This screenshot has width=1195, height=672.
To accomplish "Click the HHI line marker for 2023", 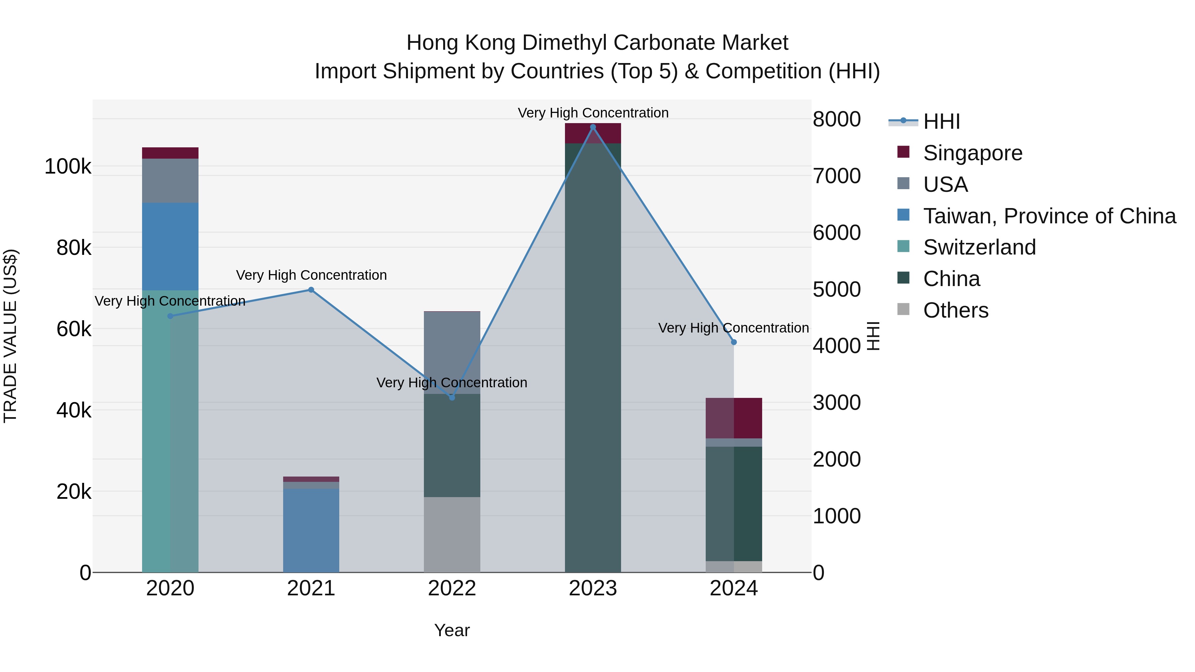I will click(x=593, y=127).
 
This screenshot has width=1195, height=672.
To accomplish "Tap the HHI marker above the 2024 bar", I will click(x=733, y=342).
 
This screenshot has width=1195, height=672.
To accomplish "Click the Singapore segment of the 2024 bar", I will click(x=733, y=418).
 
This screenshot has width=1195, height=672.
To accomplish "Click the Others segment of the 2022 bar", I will click(x=452, y=534).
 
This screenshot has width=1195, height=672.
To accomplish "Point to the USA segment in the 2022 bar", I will click(x=452, y=352).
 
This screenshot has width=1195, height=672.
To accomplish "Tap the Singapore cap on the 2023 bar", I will click(x=593, y=133).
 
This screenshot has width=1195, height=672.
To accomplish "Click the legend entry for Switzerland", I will click(x=979, y=247).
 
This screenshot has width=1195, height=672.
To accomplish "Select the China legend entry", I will click(x=951, y=279).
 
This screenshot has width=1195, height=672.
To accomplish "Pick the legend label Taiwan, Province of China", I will click(x=1049, y=216).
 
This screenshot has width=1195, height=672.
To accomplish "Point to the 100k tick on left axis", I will click(x=68, y=167).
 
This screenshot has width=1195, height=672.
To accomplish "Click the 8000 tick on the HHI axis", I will click(x=836, y=119).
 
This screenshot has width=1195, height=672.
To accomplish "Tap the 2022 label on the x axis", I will click(x=452, y=588).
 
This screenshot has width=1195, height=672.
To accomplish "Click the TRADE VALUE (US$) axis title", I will click(x=10, y=336).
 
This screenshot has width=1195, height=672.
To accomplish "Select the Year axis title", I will click(x=452, y=630).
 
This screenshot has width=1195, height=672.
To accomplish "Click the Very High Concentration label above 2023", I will click(x=593, y=113).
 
